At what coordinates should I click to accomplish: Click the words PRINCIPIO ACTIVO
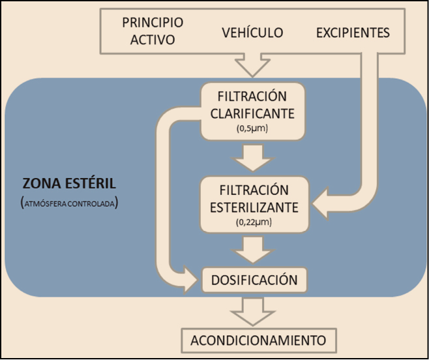point(153,31)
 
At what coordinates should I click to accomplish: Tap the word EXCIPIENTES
point(353,32)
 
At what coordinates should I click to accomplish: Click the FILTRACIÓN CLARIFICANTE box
point(252,110)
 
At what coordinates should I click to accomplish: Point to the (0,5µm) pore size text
point(252,129)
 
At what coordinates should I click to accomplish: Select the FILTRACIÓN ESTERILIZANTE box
point(252,204)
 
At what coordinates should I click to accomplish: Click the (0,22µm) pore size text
point(252,223)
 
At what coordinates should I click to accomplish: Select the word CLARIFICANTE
point(252,113)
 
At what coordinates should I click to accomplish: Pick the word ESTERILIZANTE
point(252,207)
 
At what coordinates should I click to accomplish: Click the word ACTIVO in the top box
point(153,39)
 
